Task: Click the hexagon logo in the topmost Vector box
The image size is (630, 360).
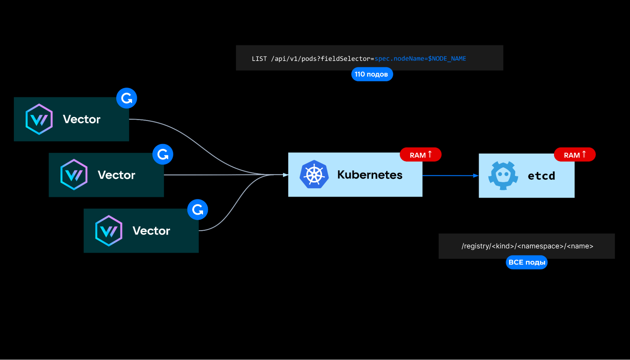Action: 39,119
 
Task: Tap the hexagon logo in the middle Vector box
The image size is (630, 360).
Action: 74,175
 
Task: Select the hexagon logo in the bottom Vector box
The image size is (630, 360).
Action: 109,230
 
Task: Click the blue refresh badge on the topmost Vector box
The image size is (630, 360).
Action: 127,98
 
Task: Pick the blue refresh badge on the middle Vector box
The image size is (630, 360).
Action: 163,154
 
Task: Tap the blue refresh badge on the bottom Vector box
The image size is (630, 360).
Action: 198,210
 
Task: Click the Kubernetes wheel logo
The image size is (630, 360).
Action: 314,174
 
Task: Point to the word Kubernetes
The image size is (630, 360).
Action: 370,175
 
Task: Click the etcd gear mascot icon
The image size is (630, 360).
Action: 503,175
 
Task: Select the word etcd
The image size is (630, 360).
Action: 541,176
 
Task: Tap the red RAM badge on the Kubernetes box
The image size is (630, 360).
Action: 420,155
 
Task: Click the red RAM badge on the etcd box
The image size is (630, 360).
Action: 575,155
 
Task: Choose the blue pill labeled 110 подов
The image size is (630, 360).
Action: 372,74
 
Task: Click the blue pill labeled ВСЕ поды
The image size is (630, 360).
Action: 527,262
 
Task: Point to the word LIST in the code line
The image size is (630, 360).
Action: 259,59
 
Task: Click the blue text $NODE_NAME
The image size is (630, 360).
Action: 447,59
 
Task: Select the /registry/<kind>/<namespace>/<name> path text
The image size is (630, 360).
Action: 527,246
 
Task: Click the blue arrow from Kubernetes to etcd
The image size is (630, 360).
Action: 450,176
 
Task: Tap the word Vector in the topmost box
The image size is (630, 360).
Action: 82,119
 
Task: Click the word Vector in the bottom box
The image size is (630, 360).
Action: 151,231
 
